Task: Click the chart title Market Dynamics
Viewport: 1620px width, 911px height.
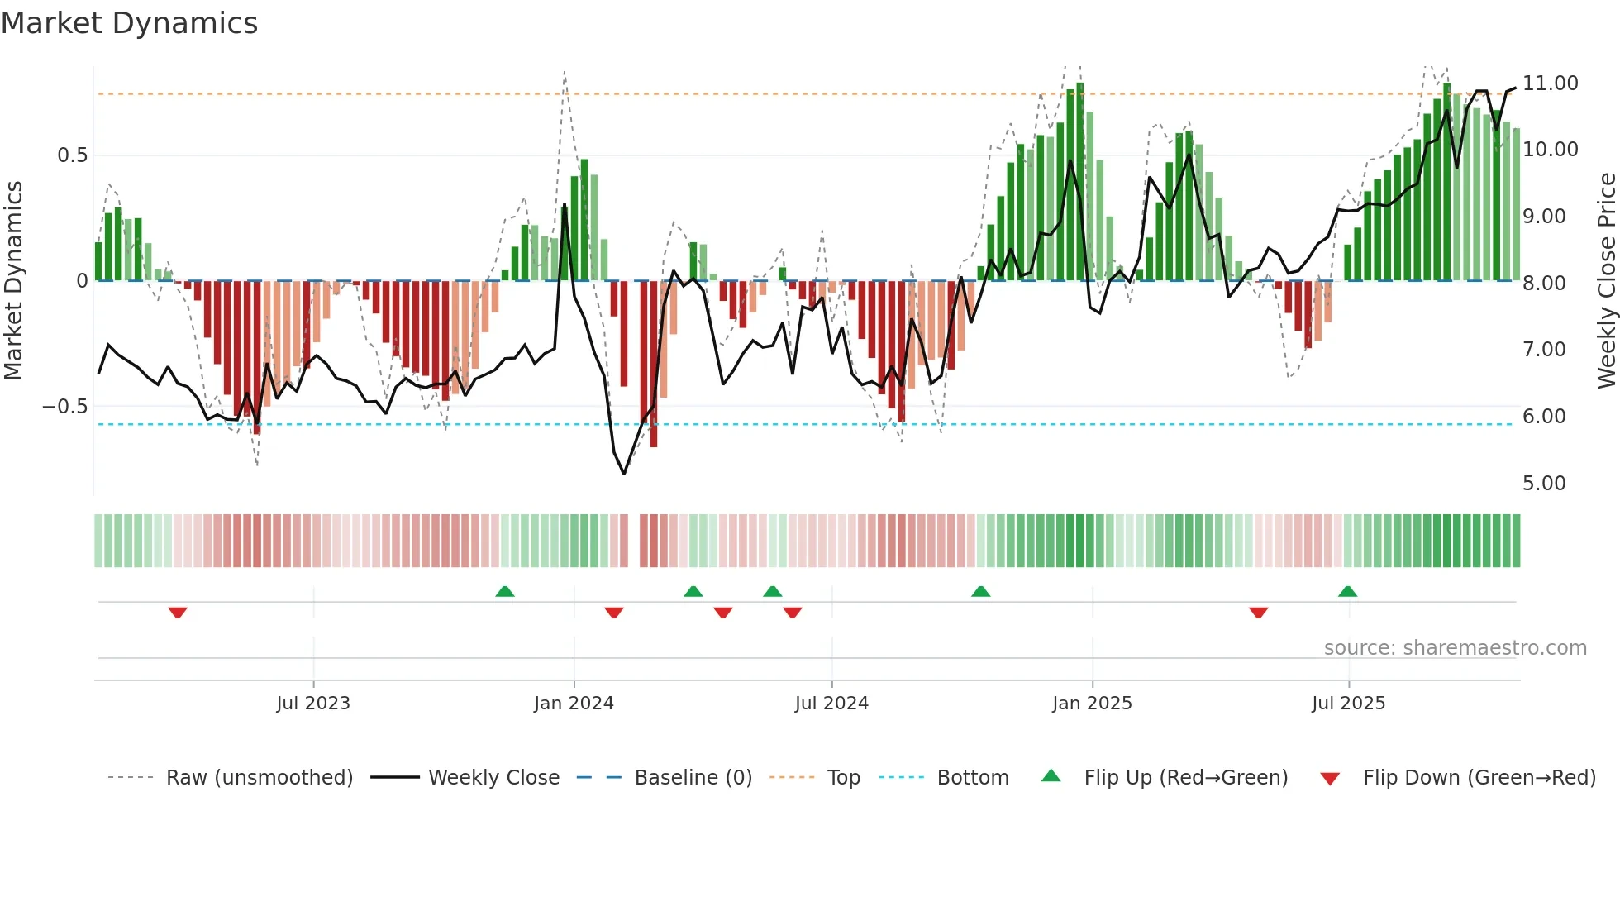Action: [129, 23]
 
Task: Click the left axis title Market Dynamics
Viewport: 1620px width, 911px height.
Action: [14, 280]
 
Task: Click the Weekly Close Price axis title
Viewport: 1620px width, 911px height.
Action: [1606, 280]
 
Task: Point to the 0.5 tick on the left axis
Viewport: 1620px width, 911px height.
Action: [72, 155]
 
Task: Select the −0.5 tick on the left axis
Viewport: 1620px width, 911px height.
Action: [64, 407]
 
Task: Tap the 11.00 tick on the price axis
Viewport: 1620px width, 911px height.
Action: [1550, 83]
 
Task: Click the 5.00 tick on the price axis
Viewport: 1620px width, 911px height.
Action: [1543, 484]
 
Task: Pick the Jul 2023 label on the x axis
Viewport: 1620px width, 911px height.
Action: [313, 704]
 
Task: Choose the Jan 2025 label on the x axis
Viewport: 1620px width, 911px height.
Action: [1092, 704]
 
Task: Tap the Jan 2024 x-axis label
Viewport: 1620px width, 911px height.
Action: [574, 704]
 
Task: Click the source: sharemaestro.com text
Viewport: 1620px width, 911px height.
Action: [1455, 648]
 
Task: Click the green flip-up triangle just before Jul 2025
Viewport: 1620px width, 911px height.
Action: [1347, 592]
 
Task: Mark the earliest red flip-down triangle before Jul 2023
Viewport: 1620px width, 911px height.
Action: [178, 613]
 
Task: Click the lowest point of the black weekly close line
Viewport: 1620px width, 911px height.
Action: [624, 473]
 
